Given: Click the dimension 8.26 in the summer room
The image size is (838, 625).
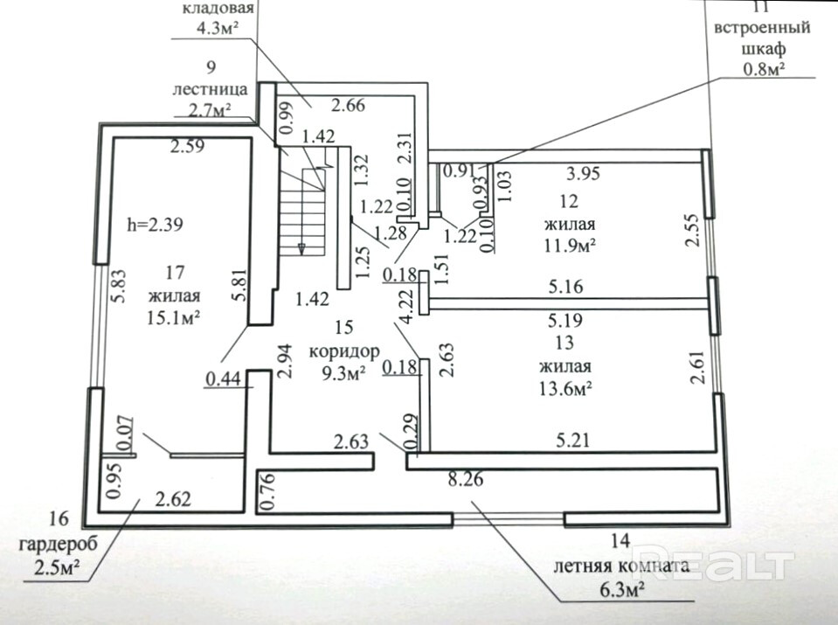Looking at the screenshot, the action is click(465, 479).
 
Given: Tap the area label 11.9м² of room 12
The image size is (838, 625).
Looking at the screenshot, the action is click(568, 246).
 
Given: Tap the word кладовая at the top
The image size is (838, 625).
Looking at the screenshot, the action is click(218, 10).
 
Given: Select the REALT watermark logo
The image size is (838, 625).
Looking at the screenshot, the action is click(712, 564).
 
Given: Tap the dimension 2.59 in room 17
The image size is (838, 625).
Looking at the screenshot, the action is click(188, 148).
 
